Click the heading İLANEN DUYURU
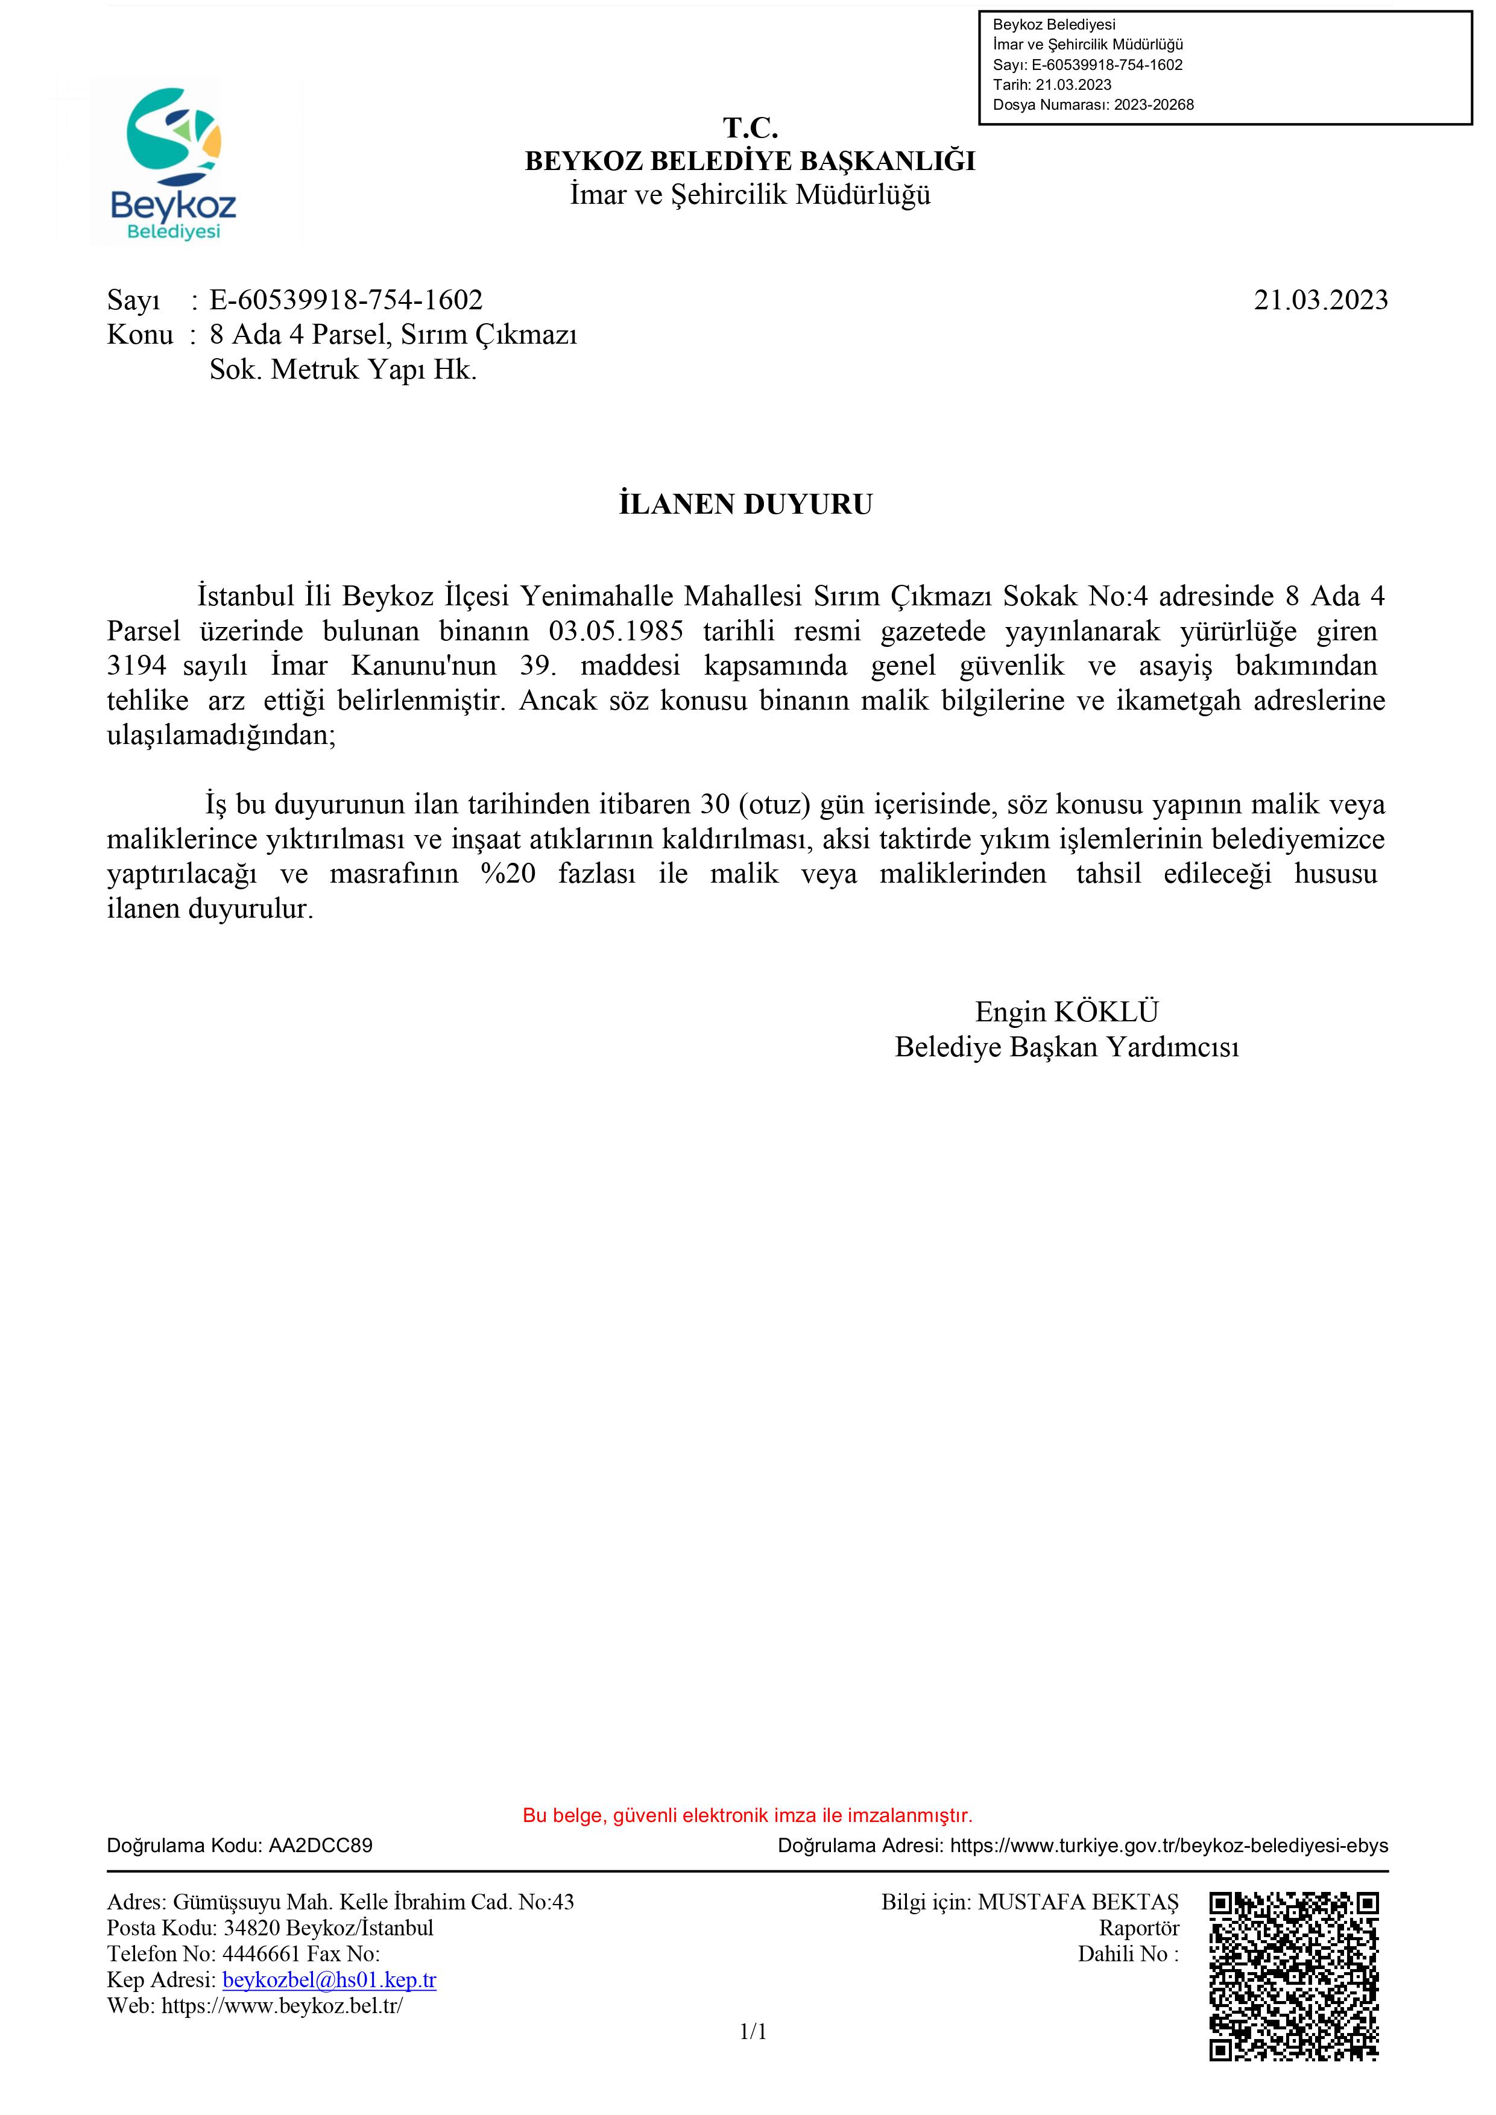(745, 505)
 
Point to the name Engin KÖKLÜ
(1067, 1012)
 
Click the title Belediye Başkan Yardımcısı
(1067, 1047)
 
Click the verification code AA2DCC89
(321, 1845)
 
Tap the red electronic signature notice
(747, 1815)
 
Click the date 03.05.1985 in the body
(616, 632)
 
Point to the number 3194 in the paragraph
(136, 666)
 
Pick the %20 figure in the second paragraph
(508, 874)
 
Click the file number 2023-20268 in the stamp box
(1154, 105)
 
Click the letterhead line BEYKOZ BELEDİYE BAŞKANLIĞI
(750, 161)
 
